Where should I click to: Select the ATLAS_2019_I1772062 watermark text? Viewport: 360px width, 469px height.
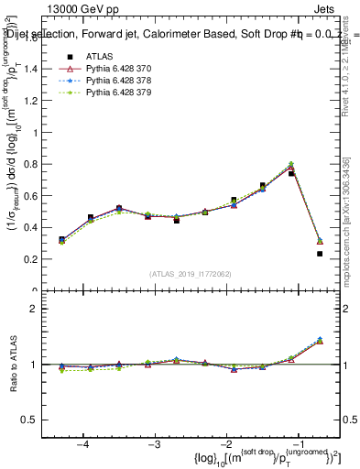[x=191, y=274]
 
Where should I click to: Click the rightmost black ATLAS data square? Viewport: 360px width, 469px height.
[x=320, y=254]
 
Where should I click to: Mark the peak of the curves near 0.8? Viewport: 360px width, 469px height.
[x=291, y=165]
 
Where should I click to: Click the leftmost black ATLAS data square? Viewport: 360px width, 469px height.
[x=62, y=239]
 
